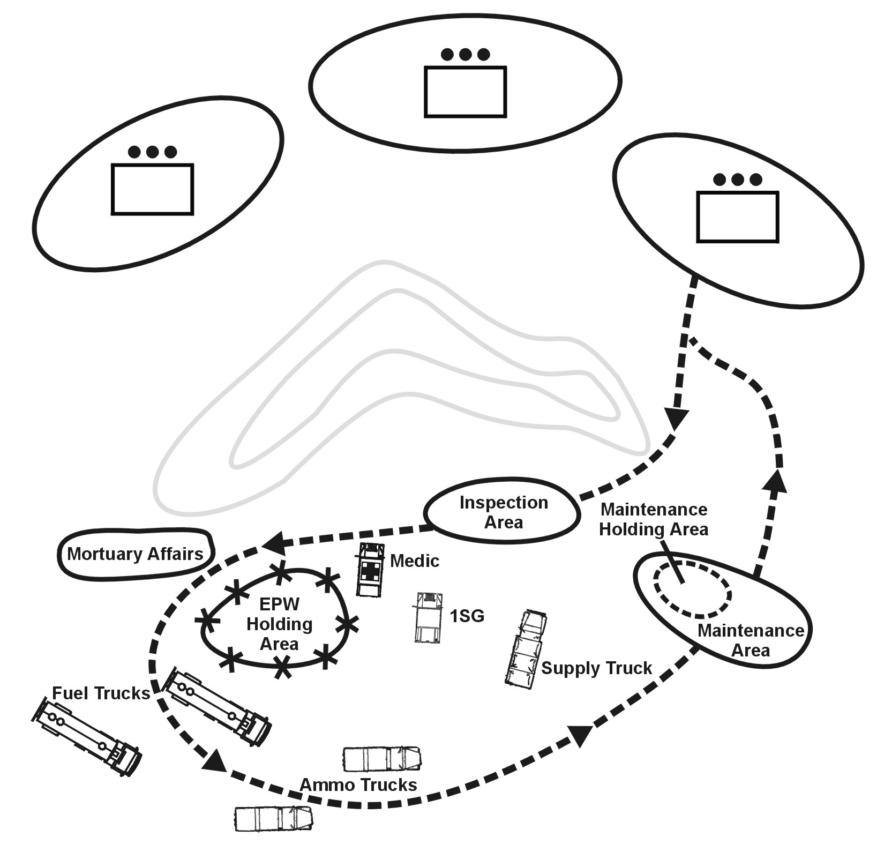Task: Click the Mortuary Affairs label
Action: (x=135, y=554)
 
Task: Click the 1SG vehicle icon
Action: (x=429, y=617)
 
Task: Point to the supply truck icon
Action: (x=526, y=649)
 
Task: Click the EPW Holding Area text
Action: (x=279, y=624)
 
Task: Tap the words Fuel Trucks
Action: (x=101, y=693)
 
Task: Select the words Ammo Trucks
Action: (x=358, y=785)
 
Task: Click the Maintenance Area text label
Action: (x=751, y=640)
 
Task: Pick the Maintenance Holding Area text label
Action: (x=654, y=519)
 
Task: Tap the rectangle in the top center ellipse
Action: (x=465, y=92)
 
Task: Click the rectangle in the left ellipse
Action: (x=152, y=189)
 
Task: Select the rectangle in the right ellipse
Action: (x=737, y=216)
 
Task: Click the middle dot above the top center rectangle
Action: (x=465, y=54)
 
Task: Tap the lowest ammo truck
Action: (x=274, y=818)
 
